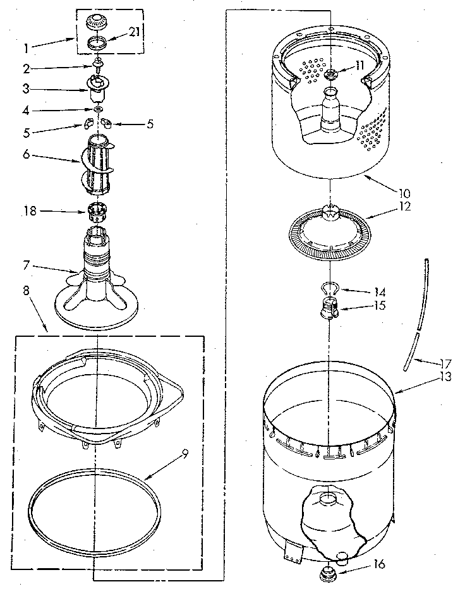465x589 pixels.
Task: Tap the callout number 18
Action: click(x=30, y=212)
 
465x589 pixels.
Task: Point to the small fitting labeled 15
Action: click(x=329, y=308)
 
